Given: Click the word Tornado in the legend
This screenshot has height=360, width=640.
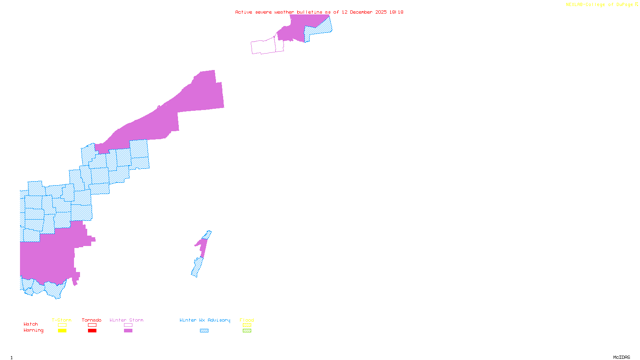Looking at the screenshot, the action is (92, 320).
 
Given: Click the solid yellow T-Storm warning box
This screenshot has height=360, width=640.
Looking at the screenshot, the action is (62, 330).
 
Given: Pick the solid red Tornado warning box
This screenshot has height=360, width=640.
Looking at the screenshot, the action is (92, 330).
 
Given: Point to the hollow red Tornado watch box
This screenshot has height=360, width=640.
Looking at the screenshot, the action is (92, 325).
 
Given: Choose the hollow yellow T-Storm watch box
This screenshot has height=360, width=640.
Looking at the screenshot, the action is (62, 325).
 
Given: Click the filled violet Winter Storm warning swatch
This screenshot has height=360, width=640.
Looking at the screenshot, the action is (128, 330).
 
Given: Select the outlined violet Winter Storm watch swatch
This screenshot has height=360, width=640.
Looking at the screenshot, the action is (128, 325).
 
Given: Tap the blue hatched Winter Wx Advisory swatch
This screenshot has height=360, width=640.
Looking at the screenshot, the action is (204, 330).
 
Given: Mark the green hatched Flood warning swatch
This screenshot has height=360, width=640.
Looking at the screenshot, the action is (247, 330).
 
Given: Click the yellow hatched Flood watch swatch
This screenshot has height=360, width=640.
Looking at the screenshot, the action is (247, 325).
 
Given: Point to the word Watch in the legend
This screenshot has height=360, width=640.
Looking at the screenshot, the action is (31, 324).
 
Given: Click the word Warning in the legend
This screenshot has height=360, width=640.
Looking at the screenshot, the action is (34, 330).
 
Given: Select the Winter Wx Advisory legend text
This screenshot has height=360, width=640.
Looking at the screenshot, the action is (205, 320).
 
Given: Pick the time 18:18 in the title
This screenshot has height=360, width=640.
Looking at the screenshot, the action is (396, 12).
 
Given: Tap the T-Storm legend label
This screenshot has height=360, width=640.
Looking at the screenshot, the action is (62, 320).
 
